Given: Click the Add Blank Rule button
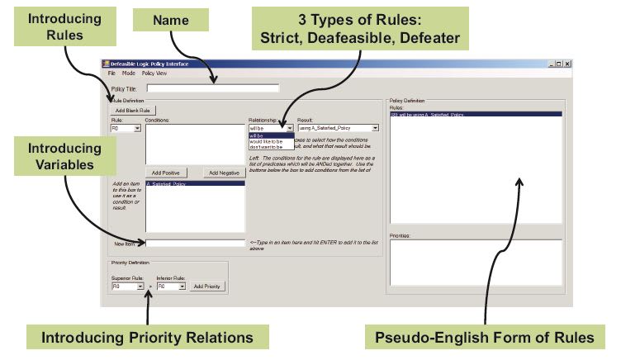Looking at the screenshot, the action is (x=133, y=110).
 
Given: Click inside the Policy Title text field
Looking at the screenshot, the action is (x=212, y=87).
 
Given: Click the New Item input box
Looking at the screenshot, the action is (x=196, y=243).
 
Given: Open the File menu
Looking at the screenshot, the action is (x=111, y=73).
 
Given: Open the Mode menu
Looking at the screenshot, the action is (x=129, y=73).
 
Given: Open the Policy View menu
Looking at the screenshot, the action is (x=154, y=73).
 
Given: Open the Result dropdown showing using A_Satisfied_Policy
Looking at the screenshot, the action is (x=376, y=128).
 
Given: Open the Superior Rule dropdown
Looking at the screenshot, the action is (x=140, y=286).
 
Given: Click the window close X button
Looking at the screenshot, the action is (x=567, y=64).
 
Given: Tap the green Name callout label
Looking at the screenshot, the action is (x=173, y=20).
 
